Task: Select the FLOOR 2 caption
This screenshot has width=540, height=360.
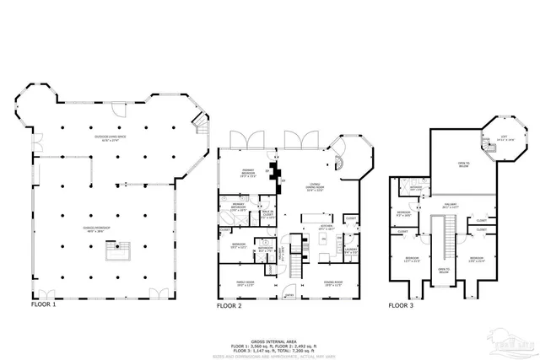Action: point(229,306)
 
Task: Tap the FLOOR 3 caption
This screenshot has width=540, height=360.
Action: point(401,306)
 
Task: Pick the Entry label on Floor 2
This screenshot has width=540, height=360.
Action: point(289,295)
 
